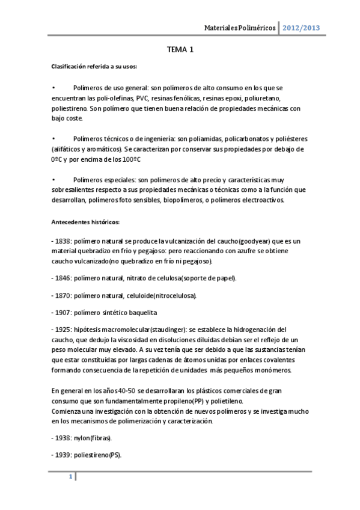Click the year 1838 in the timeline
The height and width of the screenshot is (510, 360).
[63, 241]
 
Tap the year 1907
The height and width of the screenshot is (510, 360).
[63, 312]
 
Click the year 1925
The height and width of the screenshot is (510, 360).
[63, 330]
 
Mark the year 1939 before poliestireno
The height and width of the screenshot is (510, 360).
[63, 455]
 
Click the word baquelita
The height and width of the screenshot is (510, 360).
[159, 312]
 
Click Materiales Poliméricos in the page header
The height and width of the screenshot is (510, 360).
[240, 28]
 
